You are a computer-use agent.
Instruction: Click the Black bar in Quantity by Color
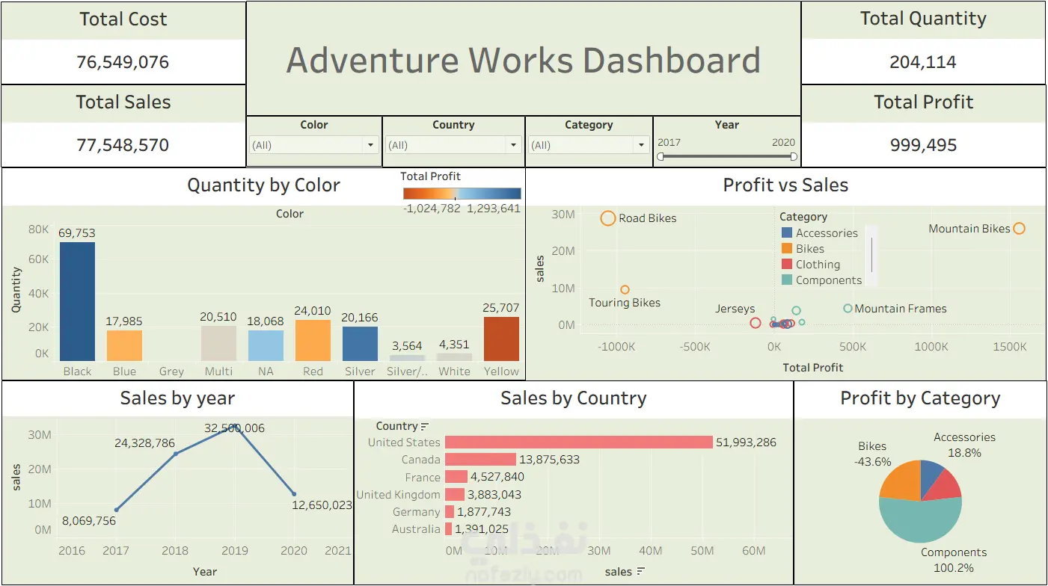coord(77,301)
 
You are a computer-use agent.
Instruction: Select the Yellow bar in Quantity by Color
coord(501,339)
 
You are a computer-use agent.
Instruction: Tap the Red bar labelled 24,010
coord(313,340)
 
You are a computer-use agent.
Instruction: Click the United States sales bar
coord(579,442)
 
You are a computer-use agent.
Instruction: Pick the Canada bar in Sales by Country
coord(480,460)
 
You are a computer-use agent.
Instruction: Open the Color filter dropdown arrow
coord(370,145)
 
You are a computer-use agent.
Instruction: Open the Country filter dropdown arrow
coord(513,145)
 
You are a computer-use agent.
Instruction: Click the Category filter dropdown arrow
coord(641,145)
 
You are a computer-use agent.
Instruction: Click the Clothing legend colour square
coord(787,264)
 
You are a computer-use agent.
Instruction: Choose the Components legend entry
coord(822,280)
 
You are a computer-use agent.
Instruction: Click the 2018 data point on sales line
coord(176,454)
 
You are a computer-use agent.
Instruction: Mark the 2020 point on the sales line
coord(294,493)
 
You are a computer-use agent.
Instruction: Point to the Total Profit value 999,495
coord(923,145)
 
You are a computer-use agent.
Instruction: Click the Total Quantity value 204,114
coord(923,62)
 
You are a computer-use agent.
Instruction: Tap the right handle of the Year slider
coord(794,156)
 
